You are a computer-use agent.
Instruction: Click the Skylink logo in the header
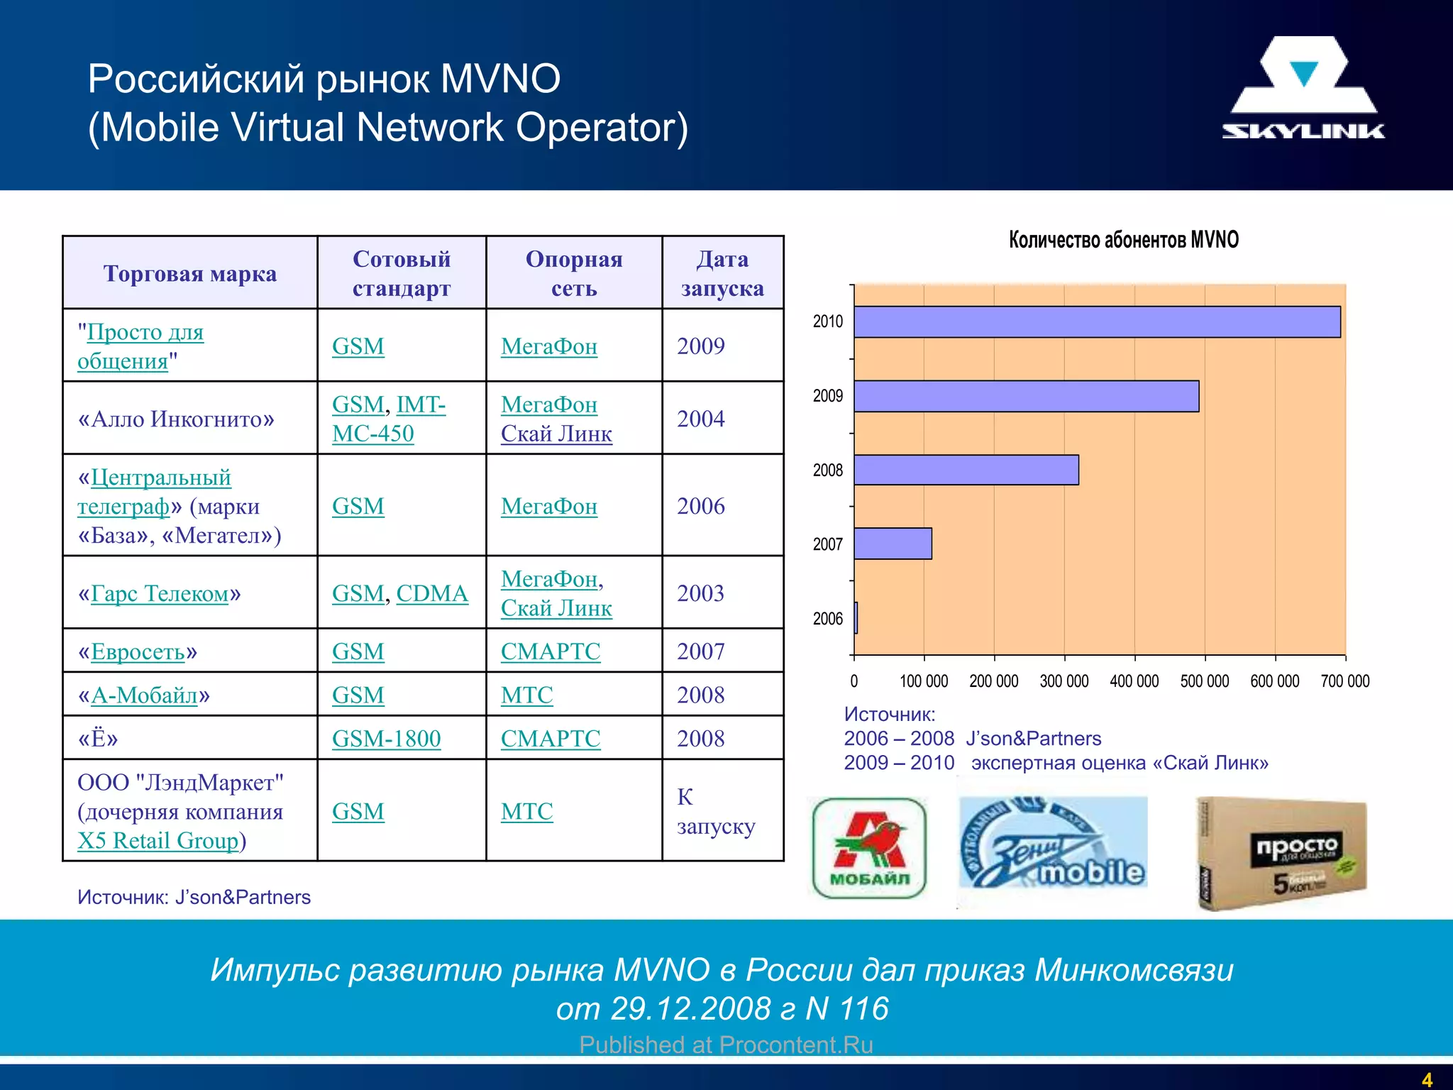pos(1303,88)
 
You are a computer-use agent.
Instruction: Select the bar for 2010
pos(1096,321)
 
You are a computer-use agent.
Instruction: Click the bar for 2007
pos(893,544)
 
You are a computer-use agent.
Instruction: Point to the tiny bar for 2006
pos(856,617)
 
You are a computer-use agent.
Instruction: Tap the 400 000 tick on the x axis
pos(1134,681)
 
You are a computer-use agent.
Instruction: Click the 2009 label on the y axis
pos(827,396)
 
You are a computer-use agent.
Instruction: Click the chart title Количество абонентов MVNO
pos(1123,240)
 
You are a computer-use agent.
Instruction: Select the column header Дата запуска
pos(722,273)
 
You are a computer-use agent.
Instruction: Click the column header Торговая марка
pos(189,273)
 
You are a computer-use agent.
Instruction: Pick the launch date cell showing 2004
pos(701,419)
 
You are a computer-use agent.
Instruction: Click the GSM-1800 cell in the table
pos(386,739)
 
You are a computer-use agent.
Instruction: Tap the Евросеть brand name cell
pos(138,651)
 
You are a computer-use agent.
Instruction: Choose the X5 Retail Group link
pos(158,841)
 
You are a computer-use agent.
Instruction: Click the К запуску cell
pos(715,811)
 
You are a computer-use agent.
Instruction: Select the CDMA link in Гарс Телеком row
pos(431,593)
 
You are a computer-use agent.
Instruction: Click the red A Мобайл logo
pos(869,848)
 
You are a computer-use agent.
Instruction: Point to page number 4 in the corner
pos(1427,1079)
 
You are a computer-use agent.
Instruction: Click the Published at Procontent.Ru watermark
pos(726,1045)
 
